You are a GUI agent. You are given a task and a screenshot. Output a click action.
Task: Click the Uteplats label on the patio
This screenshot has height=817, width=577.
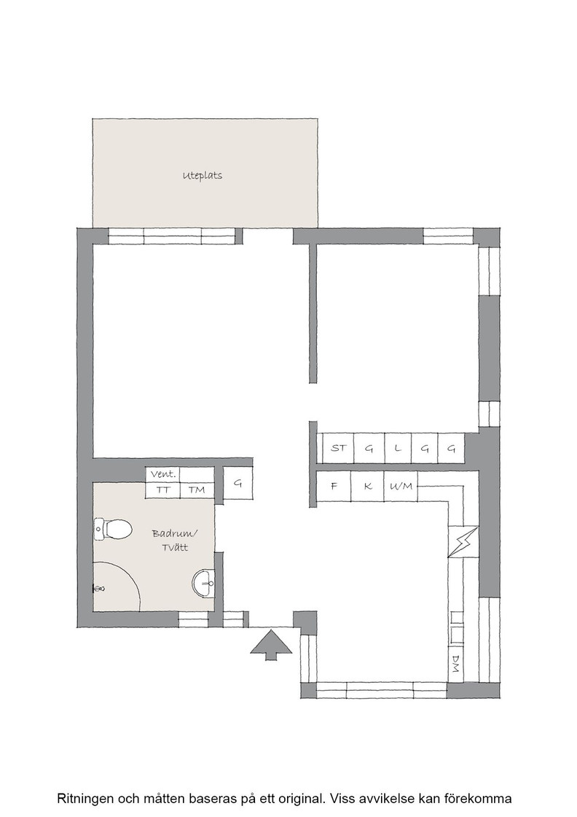(x=203, y=176)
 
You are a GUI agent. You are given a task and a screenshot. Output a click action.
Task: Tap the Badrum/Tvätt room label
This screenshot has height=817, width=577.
(x=176, y=541)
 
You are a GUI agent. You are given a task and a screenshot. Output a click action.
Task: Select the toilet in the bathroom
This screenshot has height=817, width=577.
(x=113, y=530)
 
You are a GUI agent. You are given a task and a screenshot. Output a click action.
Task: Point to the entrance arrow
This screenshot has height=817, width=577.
(x=271, y=645)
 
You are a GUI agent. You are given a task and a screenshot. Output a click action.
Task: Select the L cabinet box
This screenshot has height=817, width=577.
(x=398, y=448)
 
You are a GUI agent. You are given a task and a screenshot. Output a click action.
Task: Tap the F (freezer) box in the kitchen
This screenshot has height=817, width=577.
(x=334, y=486)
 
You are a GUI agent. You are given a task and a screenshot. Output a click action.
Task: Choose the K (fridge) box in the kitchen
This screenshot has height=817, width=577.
(x=367, y=486)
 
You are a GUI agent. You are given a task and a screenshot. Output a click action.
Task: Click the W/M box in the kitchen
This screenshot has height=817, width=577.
(x=401, y=486)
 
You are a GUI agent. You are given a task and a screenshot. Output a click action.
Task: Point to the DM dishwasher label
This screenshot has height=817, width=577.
(x=456, y=663)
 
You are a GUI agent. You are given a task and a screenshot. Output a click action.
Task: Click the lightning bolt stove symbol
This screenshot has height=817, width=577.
(x=463, y=542)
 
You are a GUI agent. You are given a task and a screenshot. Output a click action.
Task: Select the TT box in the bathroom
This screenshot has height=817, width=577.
(x=163, y=489)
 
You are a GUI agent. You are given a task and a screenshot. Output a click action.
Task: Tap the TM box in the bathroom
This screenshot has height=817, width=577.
(x=197, y=489)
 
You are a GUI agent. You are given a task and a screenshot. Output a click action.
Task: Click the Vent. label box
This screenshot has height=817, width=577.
(x=163, y=475)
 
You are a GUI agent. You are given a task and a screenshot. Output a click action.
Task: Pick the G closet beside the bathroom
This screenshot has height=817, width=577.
(x=238, y=483)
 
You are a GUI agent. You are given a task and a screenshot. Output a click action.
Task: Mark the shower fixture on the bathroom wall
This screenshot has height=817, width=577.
(x=98, y=588)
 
